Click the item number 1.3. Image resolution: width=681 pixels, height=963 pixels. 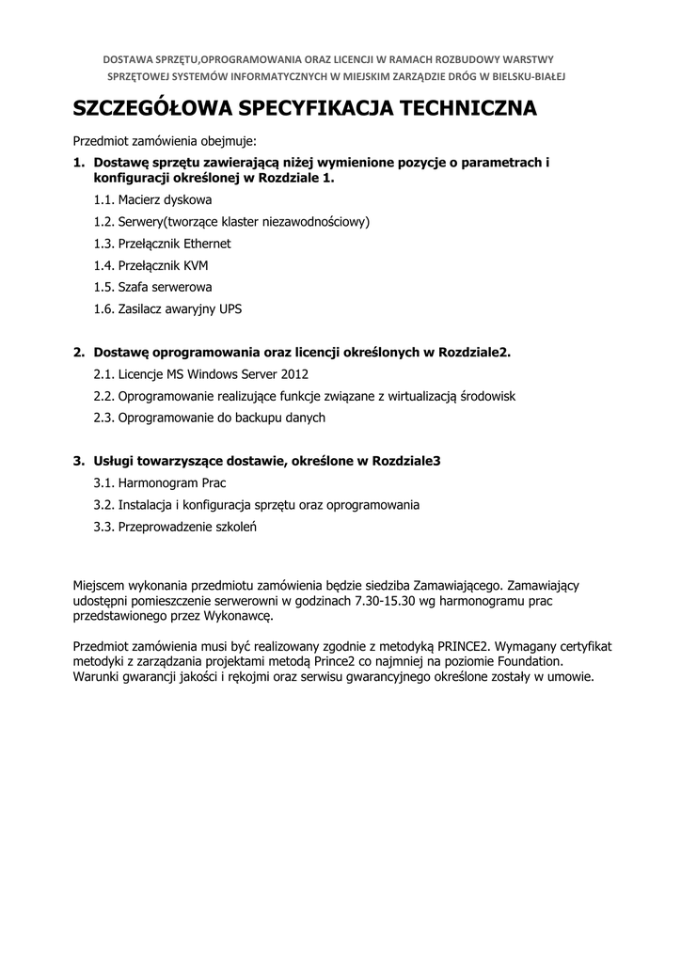103,244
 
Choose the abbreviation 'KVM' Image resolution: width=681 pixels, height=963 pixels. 196,265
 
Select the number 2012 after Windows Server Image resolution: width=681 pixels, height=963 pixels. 294,374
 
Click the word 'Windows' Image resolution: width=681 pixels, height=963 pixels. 199,374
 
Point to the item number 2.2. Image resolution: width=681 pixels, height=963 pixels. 103,396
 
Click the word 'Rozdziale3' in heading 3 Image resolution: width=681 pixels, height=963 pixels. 407,461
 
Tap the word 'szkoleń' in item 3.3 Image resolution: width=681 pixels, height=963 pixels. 235,527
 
